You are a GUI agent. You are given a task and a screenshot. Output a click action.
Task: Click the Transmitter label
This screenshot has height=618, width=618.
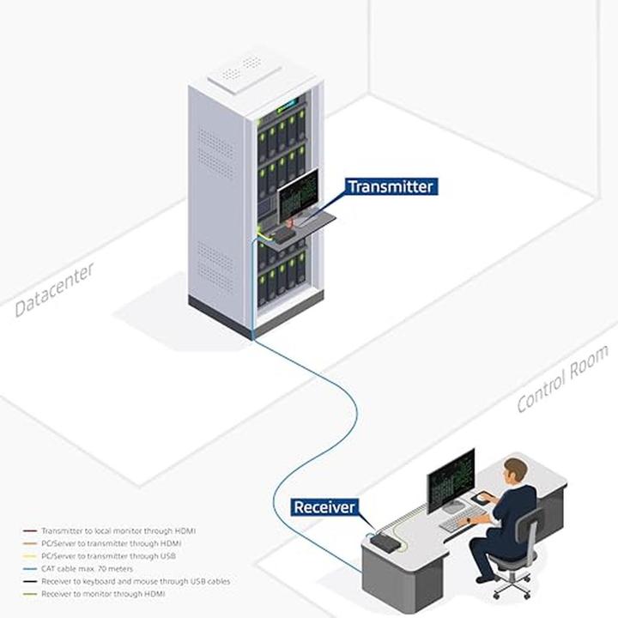pyautogui.click(x=391, y=186)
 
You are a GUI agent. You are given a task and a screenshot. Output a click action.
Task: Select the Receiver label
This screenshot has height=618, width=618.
pyautogui.click(x=324, y=507)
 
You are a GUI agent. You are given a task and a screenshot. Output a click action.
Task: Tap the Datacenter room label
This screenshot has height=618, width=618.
pyautogui.click(x=55, y=290)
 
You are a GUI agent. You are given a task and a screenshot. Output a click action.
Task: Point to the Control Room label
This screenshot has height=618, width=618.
pyautogui.click(x=562, y=379)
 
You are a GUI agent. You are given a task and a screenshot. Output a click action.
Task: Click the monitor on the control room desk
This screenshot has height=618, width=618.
pyautogui.click(x=451, y=481)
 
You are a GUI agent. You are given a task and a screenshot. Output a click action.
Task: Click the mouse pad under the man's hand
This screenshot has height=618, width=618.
pyautogui.click(x=487, y=497)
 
